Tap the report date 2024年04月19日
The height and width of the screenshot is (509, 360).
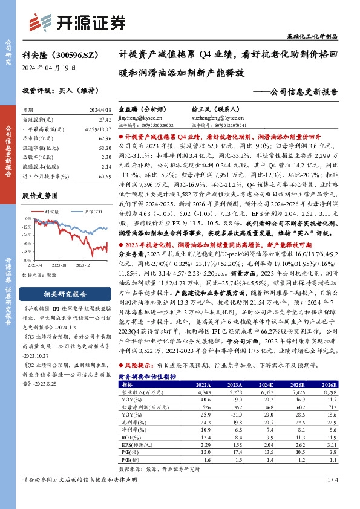pyautogui.click(x=49, y=68)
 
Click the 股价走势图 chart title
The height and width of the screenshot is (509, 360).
pyautogui.click(x=42, y=196)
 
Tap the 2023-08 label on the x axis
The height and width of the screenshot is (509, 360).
pyautogui.click(x=58, y=265)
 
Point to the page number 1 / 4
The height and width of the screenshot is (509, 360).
pyautogui.click(x=332, y=498)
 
